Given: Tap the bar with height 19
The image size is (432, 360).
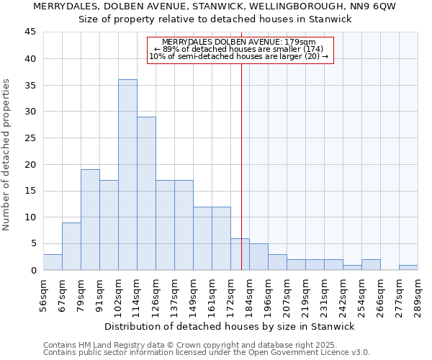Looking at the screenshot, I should point(90,220).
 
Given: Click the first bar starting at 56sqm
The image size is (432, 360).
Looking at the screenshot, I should point(53,262).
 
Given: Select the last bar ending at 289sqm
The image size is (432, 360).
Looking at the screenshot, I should point(408,267).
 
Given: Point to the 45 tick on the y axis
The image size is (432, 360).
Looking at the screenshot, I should point(30,32).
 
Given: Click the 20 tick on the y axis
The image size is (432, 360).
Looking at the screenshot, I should point(30,164).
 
